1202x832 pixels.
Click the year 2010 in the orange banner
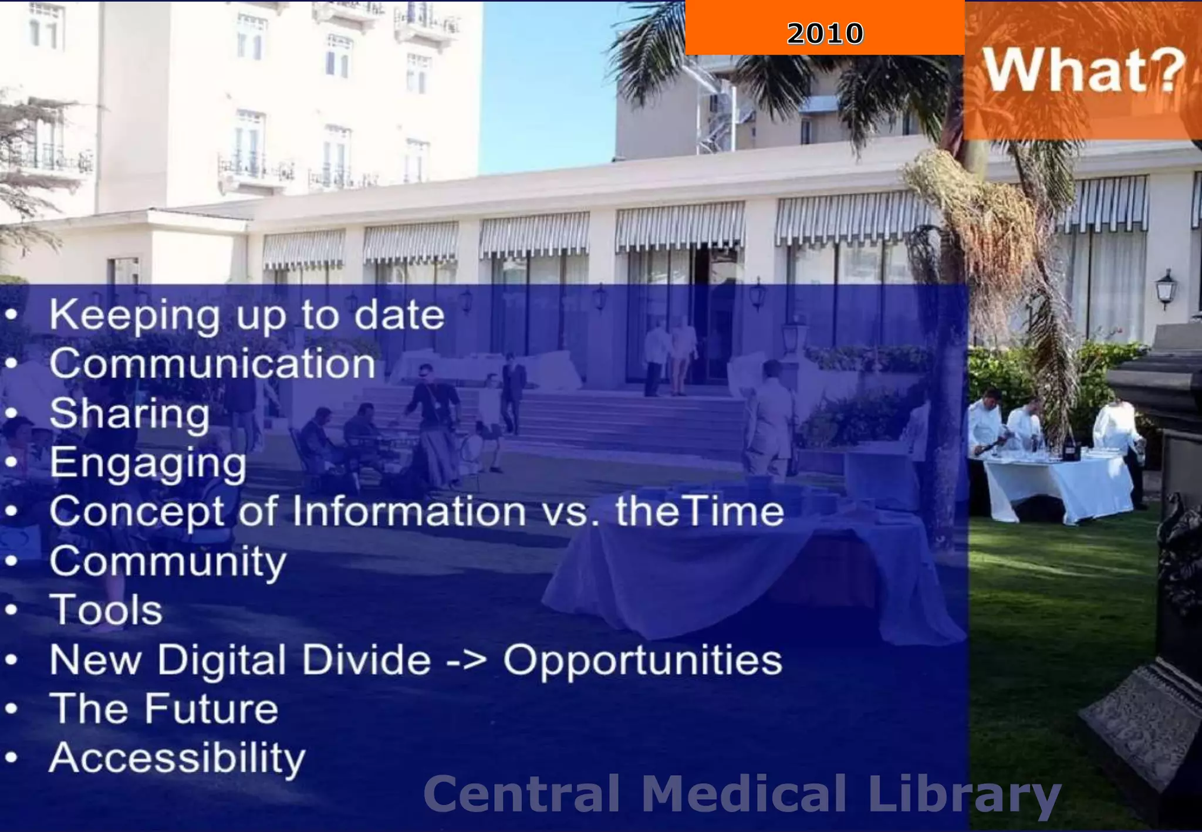point(825,33)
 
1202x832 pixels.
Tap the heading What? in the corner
point(1083,70)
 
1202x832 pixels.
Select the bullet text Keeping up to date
point(247,316)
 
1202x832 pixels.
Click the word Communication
point(212,364)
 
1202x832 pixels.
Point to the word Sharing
point(129,414)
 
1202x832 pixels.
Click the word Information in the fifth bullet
point(409,512)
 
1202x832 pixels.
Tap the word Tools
point(106,610)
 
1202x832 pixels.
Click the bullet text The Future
point(164,709)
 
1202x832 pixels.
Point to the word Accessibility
point(177,758)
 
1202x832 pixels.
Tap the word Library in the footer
point(964,794)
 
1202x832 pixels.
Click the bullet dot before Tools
point(11,610)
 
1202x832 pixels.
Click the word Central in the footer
point(521,793)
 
